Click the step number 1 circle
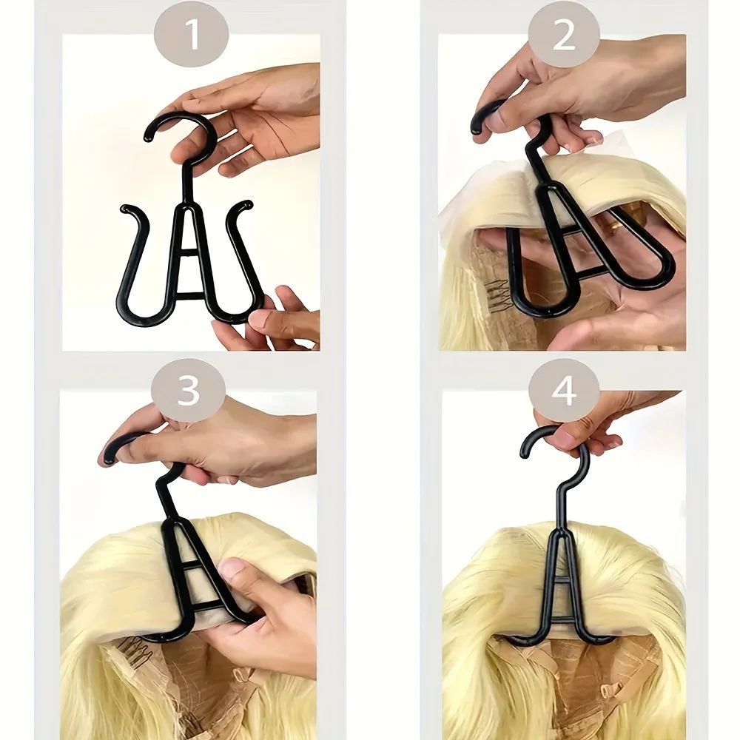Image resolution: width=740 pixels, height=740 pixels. coord(191,35)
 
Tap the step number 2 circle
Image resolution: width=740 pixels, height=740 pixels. coord(564,35)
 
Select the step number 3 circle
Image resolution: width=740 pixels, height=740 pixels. coord(188,390)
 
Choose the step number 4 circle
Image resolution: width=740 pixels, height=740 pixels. coord(564,390)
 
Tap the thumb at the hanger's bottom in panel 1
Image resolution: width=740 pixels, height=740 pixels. coord(260,320)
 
